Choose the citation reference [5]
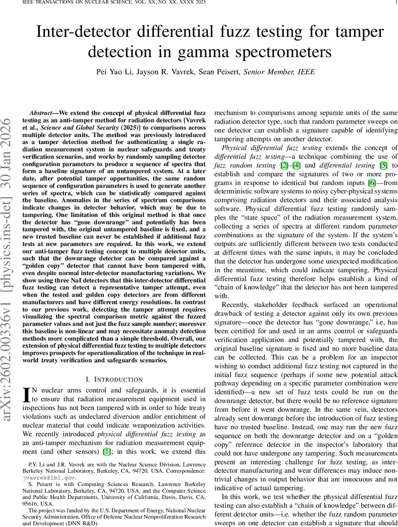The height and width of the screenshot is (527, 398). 380,165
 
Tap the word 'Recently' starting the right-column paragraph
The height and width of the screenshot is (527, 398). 238,305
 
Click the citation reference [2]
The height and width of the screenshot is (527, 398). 284,165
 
